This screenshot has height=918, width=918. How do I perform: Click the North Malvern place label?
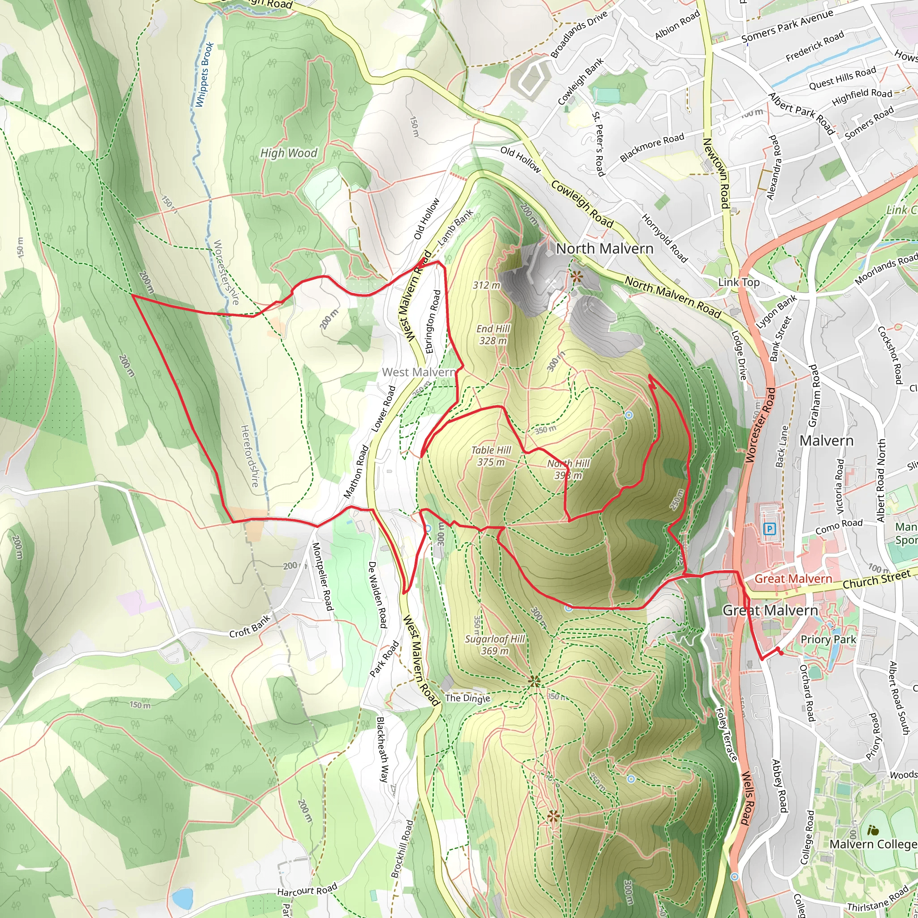(604, 248)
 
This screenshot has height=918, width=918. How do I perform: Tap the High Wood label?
(288, 153)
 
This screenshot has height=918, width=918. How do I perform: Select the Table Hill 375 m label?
(491, 456)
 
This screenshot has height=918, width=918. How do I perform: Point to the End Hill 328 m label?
(493, 334)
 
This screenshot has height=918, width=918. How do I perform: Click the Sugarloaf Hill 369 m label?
(495, 645)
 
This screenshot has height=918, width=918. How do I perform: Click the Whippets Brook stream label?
(204, 74)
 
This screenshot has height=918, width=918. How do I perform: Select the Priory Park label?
(828, 639)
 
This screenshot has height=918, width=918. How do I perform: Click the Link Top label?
(739, 282)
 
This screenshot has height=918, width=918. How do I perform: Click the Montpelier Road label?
(322, 576)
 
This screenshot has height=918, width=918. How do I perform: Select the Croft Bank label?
(250, 626)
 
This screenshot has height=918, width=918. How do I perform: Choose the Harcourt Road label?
(307, 889)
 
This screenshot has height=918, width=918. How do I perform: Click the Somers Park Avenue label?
(787, 26)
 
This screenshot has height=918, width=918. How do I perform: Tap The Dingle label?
(468, 698)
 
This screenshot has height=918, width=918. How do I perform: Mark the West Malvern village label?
(419, 372)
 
